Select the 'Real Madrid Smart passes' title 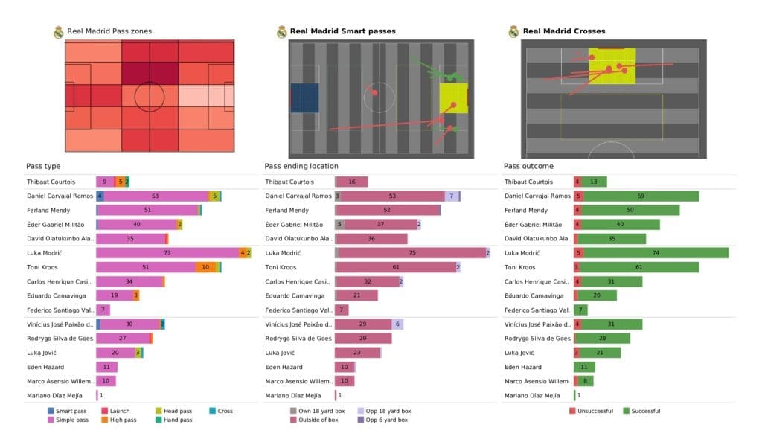[x=342, y=31]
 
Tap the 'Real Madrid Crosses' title [x=563, y=31]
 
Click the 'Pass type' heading [x=42, y=166]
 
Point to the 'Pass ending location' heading [x=301, y=166]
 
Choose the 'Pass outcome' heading [x=528, y=166]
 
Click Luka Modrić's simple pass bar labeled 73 [x=167, y=253]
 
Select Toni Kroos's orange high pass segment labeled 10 [x=206, y=267]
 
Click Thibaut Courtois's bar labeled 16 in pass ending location [x=352, y=182]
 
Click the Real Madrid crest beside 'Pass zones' [x=58, y=31]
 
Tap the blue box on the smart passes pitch [x=304, y=97]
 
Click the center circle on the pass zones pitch [x=150, y=95]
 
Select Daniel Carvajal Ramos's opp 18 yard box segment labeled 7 [x=451, y=196]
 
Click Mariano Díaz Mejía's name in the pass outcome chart [x=536, y=396]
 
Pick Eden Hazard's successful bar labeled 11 [x=583, y=367]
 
